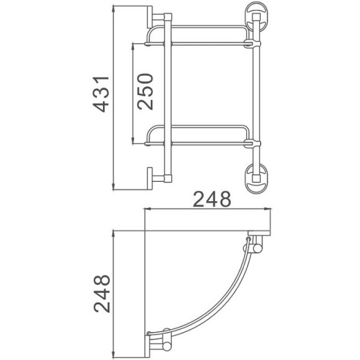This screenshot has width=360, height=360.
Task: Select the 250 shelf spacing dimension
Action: coord(145,91)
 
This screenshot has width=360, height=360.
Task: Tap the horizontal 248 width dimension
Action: coord(212,199)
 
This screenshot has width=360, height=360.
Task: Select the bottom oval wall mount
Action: coord(254,176)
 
